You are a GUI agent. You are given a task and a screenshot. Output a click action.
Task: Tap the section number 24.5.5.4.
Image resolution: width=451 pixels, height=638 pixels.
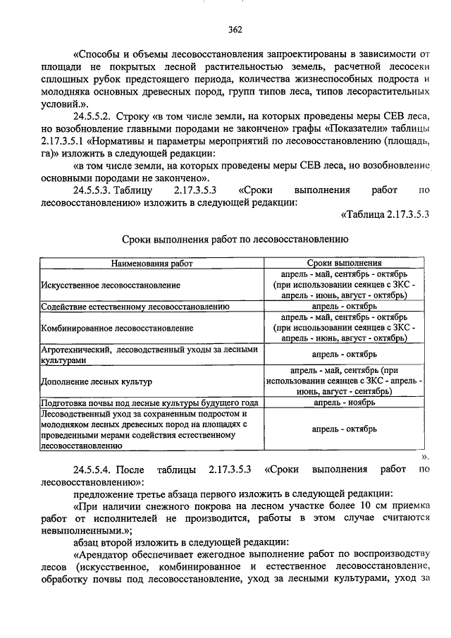[x=98, y=469]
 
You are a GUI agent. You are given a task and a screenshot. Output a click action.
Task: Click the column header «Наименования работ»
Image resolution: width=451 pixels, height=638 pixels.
[x=151, y=263]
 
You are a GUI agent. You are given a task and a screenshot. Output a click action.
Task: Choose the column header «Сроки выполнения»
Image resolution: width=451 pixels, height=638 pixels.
[x=344, y=263]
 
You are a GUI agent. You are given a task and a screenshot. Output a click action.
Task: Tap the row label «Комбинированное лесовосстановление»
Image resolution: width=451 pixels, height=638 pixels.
[x=116, y=328]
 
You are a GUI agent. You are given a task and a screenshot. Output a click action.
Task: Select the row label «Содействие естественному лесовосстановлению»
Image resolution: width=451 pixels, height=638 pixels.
[x=135, y=307]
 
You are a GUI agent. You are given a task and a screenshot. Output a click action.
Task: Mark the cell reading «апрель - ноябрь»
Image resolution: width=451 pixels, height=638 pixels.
[x=344, y=403]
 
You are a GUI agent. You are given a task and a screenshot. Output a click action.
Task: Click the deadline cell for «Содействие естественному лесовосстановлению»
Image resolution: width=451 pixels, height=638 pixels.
[x=344, y=307]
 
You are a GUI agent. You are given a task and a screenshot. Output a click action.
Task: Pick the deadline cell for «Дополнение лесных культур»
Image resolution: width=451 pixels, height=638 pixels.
[x=344, y=381]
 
